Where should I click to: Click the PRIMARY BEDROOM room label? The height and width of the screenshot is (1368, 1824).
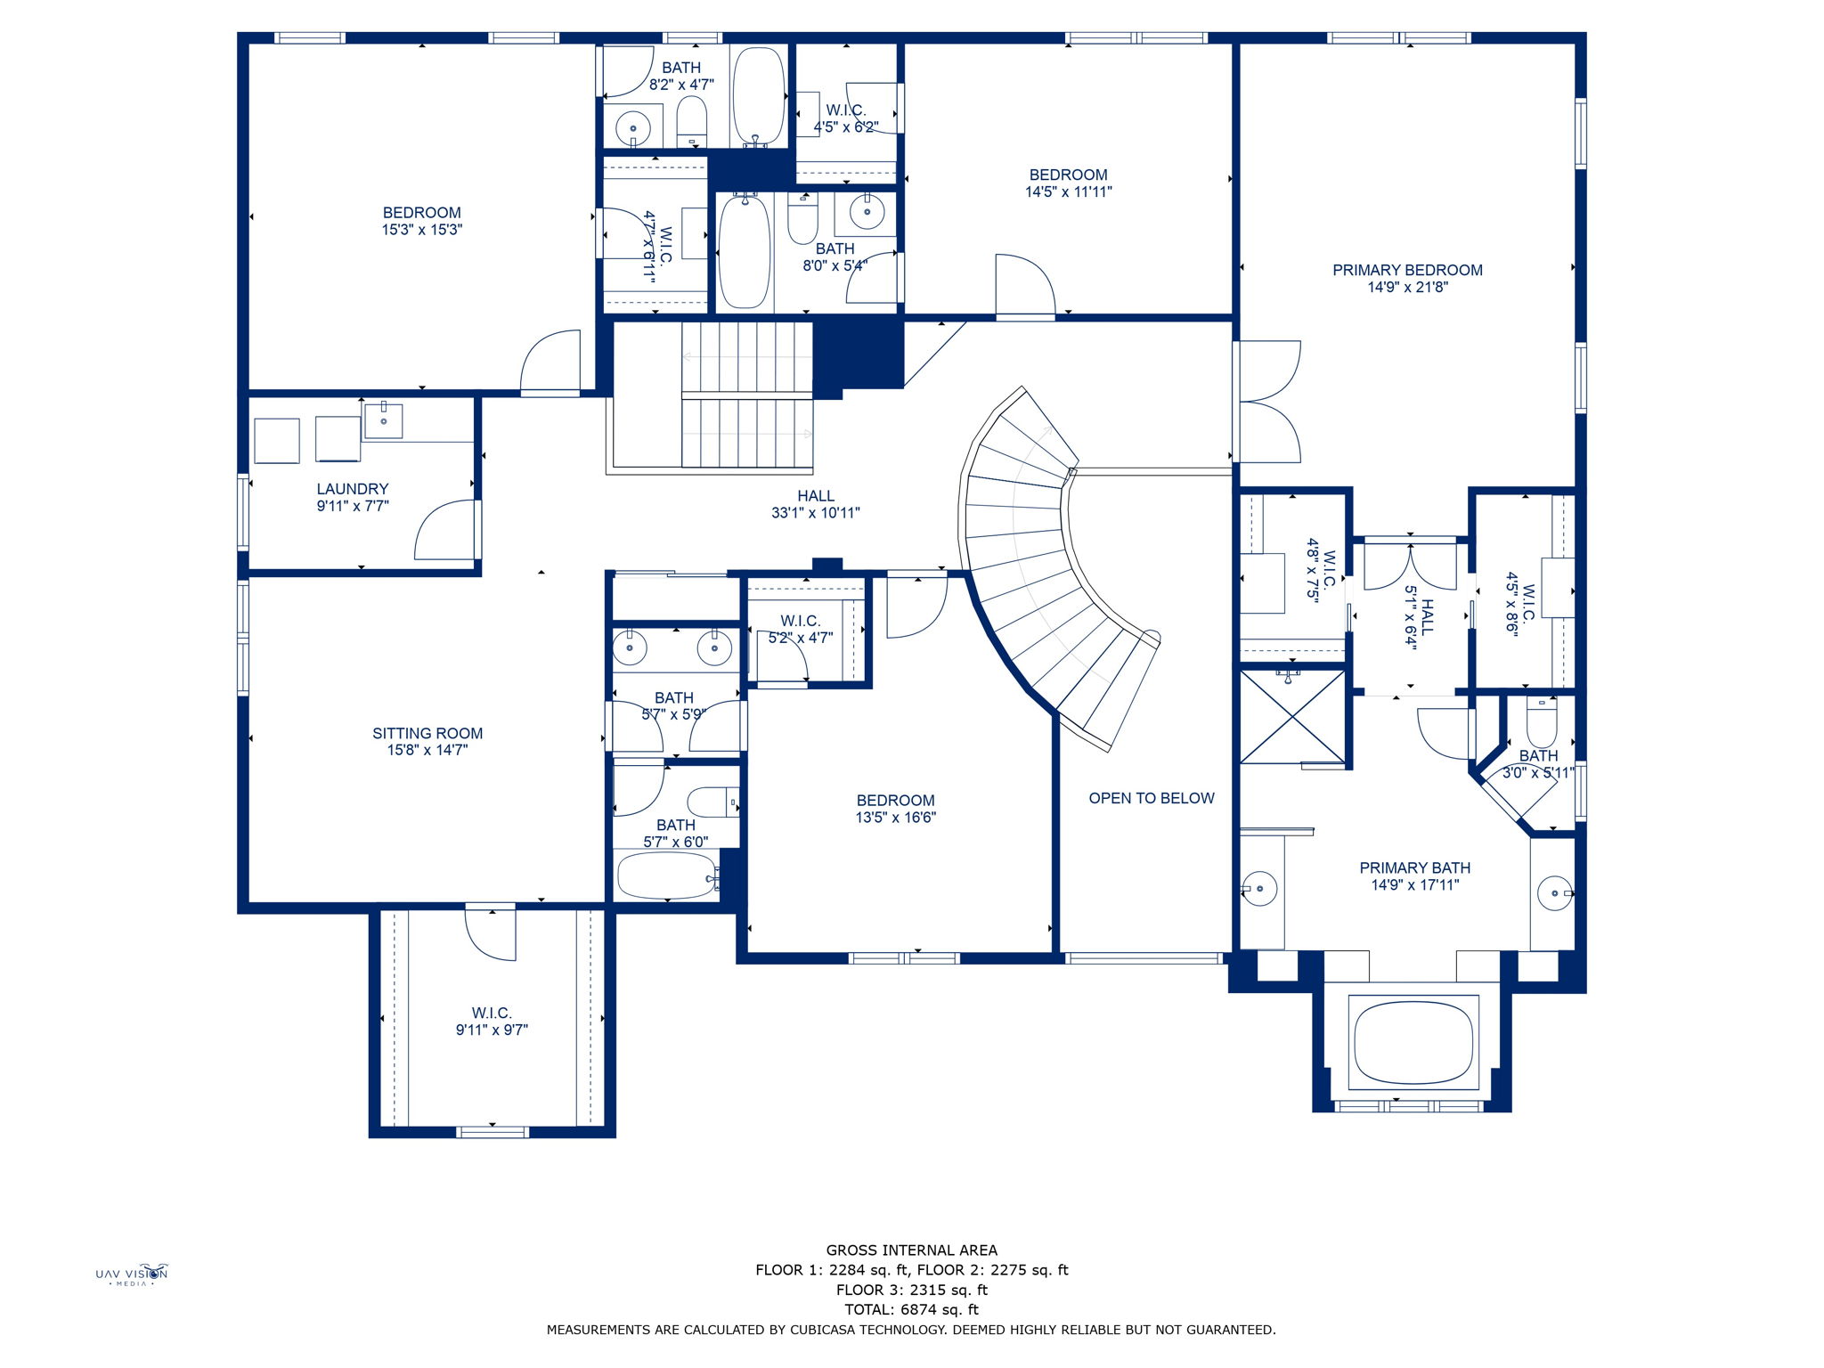pyautogui.click(x=1407, y=270)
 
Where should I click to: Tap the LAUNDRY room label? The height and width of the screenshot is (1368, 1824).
pyautogui.click(x=353, y=489)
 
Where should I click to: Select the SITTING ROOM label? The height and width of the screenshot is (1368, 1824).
pyautogui.click(x=427, y=733)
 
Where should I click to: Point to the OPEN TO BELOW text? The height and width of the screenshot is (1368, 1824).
pyautogui.click(x=1151, y=798)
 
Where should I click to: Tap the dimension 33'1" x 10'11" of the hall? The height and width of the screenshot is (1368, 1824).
pyautogui.click(x=815, y=513)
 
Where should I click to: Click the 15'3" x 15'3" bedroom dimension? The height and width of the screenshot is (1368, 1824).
pyautogui.click(x=421, y=230)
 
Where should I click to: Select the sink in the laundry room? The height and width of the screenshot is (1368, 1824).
pyautogui.click(x=384, y=418)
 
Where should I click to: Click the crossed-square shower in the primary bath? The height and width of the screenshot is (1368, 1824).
pyautogui.click(x=1291, y=717)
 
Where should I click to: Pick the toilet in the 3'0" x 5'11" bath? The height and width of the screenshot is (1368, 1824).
pyautogui.click(x=1542, y=722)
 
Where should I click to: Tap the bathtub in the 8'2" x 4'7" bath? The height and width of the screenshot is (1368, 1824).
pyautogui.click(x=758, y=96)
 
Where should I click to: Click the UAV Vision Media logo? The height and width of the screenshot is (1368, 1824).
pyautogui.click(x=132, y=1274)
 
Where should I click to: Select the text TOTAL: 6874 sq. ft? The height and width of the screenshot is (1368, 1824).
pyautogui.click(x=911, y=1309)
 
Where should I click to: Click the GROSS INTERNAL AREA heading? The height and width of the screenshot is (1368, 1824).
pyautogui.click(x=911, y=1250)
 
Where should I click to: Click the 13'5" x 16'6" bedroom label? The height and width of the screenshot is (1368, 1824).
pyautogui.click(x=895, y=801)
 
